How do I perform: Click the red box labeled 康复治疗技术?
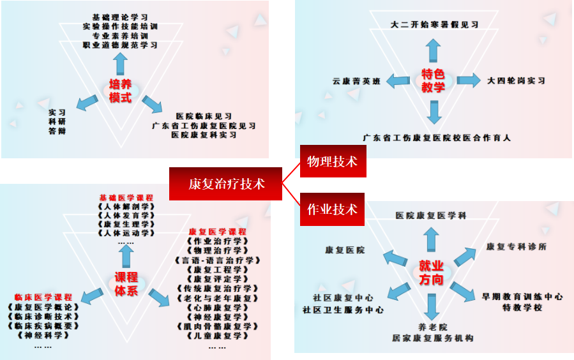(x=226, y=184)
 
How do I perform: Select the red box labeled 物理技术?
(x=332, y=162)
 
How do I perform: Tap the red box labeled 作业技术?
(x=332, y=209)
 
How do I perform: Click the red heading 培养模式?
(x=119, y=91)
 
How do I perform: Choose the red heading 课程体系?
(x=126, y=284)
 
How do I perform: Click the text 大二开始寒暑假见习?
(x=434, y=25)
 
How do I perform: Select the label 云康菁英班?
(x=356, y=81)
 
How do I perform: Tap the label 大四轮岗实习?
(x=516, y=81)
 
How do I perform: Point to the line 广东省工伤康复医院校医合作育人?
(x=437, y=137)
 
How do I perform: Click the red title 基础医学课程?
(x=126, y=198)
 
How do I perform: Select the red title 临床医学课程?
(x=43, y=297)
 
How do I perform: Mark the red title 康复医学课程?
(x=218, y=231)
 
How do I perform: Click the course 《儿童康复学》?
(x=217, y=336)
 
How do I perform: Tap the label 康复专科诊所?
(x=516, y=246)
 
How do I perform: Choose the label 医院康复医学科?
(x=431, y=216)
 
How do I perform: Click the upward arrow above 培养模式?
(x=119, y=64)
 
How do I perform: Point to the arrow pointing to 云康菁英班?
(x=398, y=80)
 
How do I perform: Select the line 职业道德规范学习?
(x=120, y=45)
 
